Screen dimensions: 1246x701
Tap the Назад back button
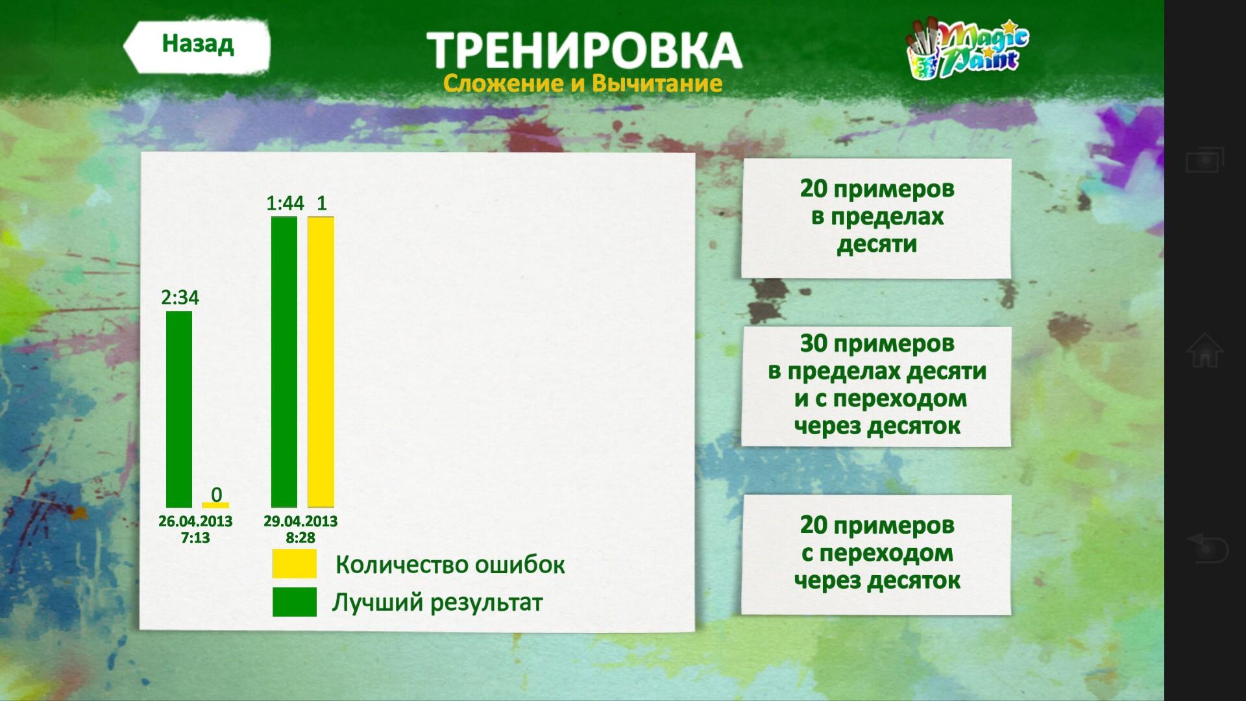click(197, 45)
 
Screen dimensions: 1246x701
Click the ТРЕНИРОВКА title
click(584, 50)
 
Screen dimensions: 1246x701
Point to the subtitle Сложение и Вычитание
click(583, 83)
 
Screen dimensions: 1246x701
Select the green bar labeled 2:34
click(179, 409)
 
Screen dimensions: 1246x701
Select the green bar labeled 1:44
click(284, 362)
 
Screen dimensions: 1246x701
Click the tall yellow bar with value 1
click(321, 362)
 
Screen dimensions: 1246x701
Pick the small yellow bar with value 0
click(215, 504)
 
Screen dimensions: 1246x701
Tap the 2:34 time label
click(180, 297)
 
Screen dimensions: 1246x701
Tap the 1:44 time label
click(285, 203)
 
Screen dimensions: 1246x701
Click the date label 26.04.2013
click(195, 521)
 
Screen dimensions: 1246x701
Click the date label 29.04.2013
click(300, 521)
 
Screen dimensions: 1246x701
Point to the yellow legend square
click(295, 563)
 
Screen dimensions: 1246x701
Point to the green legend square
click(295, 602)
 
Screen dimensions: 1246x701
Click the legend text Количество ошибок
click(450, 565)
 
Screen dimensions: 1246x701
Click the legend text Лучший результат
click(437, 603)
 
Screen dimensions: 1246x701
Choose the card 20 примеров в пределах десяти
click(877, 218)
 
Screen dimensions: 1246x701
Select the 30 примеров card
click(877, 386)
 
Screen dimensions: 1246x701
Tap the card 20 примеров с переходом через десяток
click(877, 554)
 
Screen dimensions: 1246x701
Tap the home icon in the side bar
click(1204, 350)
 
